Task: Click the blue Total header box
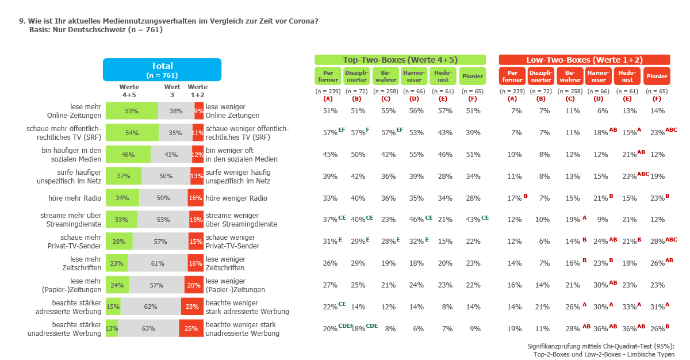(x=162, y=70)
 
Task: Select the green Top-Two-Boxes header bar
(x=400, y=60)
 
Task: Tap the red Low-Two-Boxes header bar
(x=584, y=60)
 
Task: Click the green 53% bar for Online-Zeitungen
(x=132, y=111)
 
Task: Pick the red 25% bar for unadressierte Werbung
(x=191, y=328)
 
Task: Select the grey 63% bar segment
(x=148, y=328)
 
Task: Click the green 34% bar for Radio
(x=122, y=198)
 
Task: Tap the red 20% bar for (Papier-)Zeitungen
(x=194, y=285)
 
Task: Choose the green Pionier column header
(x=473, y=76)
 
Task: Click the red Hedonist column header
(x=627, y=76)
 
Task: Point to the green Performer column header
(x=328, y=76)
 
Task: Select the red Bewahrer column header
(x=570, y=76)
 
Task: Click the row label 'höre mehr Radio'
(x=75, y=198)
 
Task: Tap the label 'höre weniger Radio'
(x=236, y=198)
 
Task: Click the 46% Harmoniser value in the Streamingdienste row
(x=416, y=220)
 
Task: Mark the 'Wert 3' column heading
(x=172, y=91)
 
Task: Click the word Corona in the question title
(x=304, y=21)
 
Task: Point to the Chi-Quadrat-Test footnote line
(x=601, y=346)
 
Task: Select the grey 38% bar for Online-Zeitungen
(x=176, y=111)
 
